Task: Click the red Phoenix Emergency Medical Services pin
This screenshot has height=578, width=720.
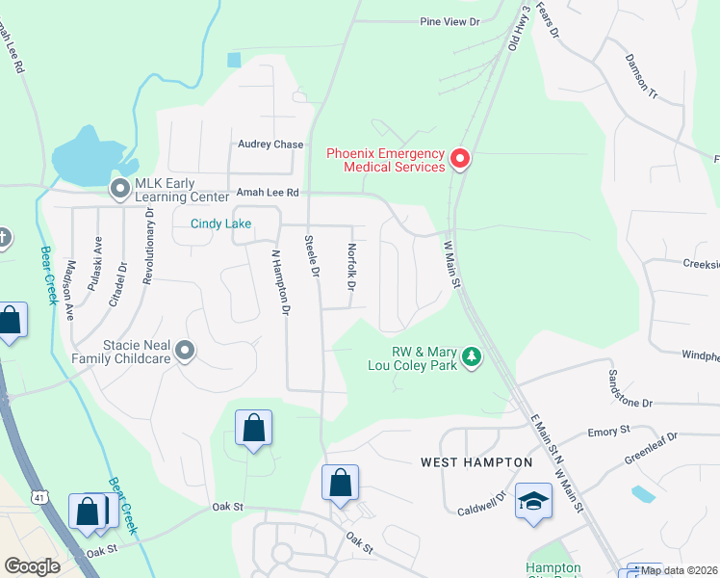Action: tap(459, 159)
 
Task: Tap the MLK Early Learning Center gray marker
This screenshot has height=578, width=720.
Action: tap(120, 189)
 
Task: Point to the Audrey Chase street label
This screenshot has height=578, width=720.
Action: tap(270, 144)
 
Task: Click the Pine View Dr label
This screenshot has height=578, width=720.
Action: tap(449, 20)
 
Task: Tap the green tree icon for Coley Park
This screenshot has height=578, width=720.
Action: tap(471, 357)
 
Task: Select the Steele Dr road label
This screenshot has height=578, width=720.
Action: tap(311, 256)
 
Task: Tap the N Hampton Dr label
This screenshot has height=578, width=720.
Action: tap(280, 282)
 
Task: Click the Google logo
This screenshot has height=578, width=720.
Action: tap(32, 565)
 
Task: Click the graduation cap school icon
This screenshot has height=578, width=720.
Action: tap(533, 501)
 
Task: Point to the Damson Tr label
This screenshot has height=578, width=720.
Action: tap(640, 79)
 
